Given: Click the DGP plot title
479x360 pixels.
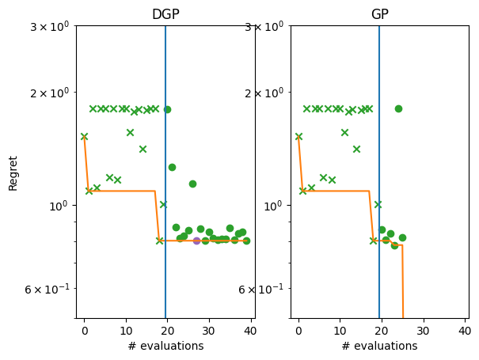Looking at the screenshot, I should tap(165, 15).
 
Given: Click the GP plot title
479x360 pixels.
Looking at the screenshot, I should tap(379, 15).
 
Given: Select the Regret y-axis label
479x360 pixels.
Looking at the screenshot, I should tap(13, 172).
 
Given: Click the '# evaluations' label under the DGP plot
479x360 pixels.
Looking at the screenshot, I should tap(165, 346).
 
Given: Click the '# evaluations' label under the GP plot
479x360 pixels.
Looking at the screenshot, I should tap(379, 346).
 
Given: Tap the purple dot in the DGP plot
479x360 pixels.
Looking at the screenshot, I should tap(196, 241).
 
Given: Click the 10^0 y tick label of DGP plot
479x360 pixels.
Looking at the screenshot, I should tap(59, 206).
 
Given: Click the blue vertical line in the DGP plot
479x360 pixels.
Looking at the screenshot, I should tap(165, 158).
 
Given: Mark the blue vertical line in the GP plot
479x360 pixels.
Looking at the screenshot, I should tap(379, 158).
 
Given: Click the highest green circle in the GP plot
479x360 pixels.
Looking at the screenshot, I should tap(398, 108).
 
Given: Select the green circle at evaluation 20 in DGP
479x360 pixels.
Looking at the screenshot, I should tap(167, 109).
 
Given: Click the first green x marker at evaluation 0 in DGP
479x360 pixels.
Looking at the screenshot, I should tap(84, 136).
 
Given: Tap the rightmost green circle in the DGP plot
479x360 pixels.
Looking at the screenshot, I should tap(246, 241).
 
